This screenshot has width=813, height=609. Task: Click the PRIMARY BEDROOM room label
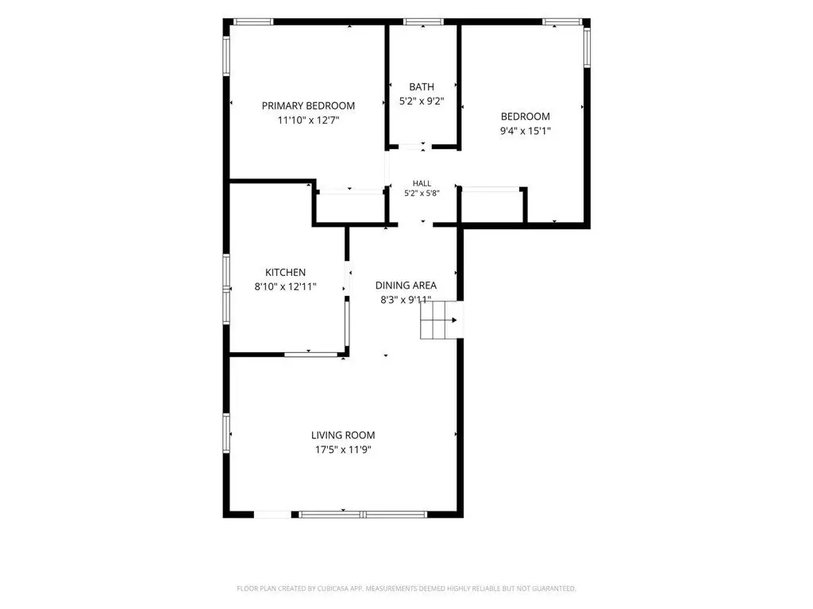tap(308, 105)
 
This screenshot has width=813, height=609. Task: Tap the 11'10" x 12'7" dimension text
tap(309, 121)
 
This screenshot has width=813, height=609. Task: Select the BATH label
tap(422, 87)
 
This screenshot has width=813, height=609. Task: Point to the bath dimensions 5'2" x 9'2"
tap(422, 101)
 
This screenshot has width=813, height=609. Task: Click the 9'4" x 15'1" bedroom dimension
tap(526, 131)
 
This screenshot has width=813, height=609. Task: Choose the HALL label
tap(422, 183)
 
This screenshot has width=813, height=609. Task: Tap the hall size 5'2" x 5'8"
tap(422, 193)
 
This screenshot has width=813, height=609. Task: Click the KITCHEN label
tap(285, 273)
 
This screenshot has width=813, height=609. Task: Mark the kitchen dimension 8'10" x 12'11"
tap(285, 287)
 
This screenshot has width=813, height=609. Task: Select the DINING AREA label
tap(406, 285)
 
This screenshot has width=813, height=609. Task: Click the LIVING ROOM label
tap(343, 435)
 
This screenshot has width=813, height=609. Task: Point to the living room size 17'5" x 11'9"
tap(343, 450)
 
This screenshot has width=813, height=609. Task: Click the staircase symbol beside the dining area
tap(441, 320)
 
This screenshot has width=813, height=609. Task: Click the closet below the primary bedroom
tap(350, 207)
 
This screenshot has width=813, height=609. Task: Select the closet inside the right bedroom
tap(491, 207)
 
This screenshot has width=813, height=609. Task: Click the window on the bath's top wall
tap(424, 21)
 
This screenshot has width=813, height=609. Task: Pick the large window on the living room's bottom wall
tap(363, 514)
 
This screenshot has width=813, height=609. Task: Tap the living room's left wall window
tap(226, 433)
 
